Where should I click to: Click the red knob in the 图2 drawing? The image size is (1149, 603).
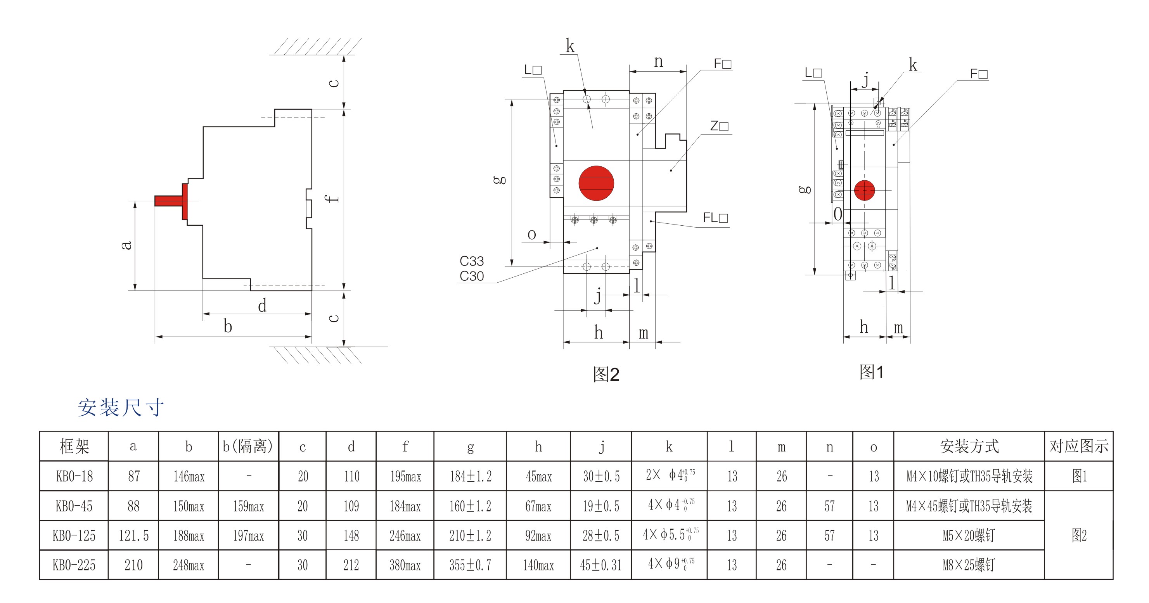[596, 183]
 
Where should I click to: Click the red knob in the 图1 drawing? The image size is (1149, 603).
[864, 190]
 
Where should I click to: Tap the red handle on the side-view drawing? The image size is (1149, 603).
[172, 201]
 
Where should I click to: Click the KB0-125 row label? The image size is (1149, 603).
[74, 535]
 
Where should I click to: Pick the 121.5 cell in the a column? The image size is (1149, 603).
[133, 535]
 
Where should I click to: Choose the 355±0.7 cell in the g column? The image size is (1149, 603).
[470, 565]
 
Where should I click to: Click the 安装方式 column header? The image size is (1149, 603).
[969, 446]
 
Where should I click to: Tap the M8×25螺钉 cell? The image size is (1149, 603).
[969, 565]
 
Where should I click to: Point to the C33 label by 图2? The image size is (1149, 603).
[471, 261]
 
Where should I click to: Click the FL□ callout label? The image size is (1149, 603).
[715, 218]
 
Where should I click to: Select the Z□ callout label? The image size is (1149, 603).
[719, 126]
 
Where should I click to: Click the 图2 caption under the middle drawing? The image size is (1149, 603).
[606, 375]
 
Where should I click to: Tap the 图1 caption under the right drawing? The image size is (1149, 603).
[871, 372]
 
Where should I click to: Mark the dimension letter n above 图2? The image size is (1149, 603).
[658, 62]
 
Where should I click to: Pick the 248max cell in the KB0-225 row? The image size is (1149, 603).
[188, 565]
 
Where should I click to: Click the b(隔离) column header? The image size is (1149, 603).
[248, 446]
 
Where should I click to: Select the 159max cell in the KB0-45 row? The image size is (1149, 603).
[248, 506]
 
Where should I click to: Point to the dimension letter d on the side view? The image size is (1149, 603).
[262, 306]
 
